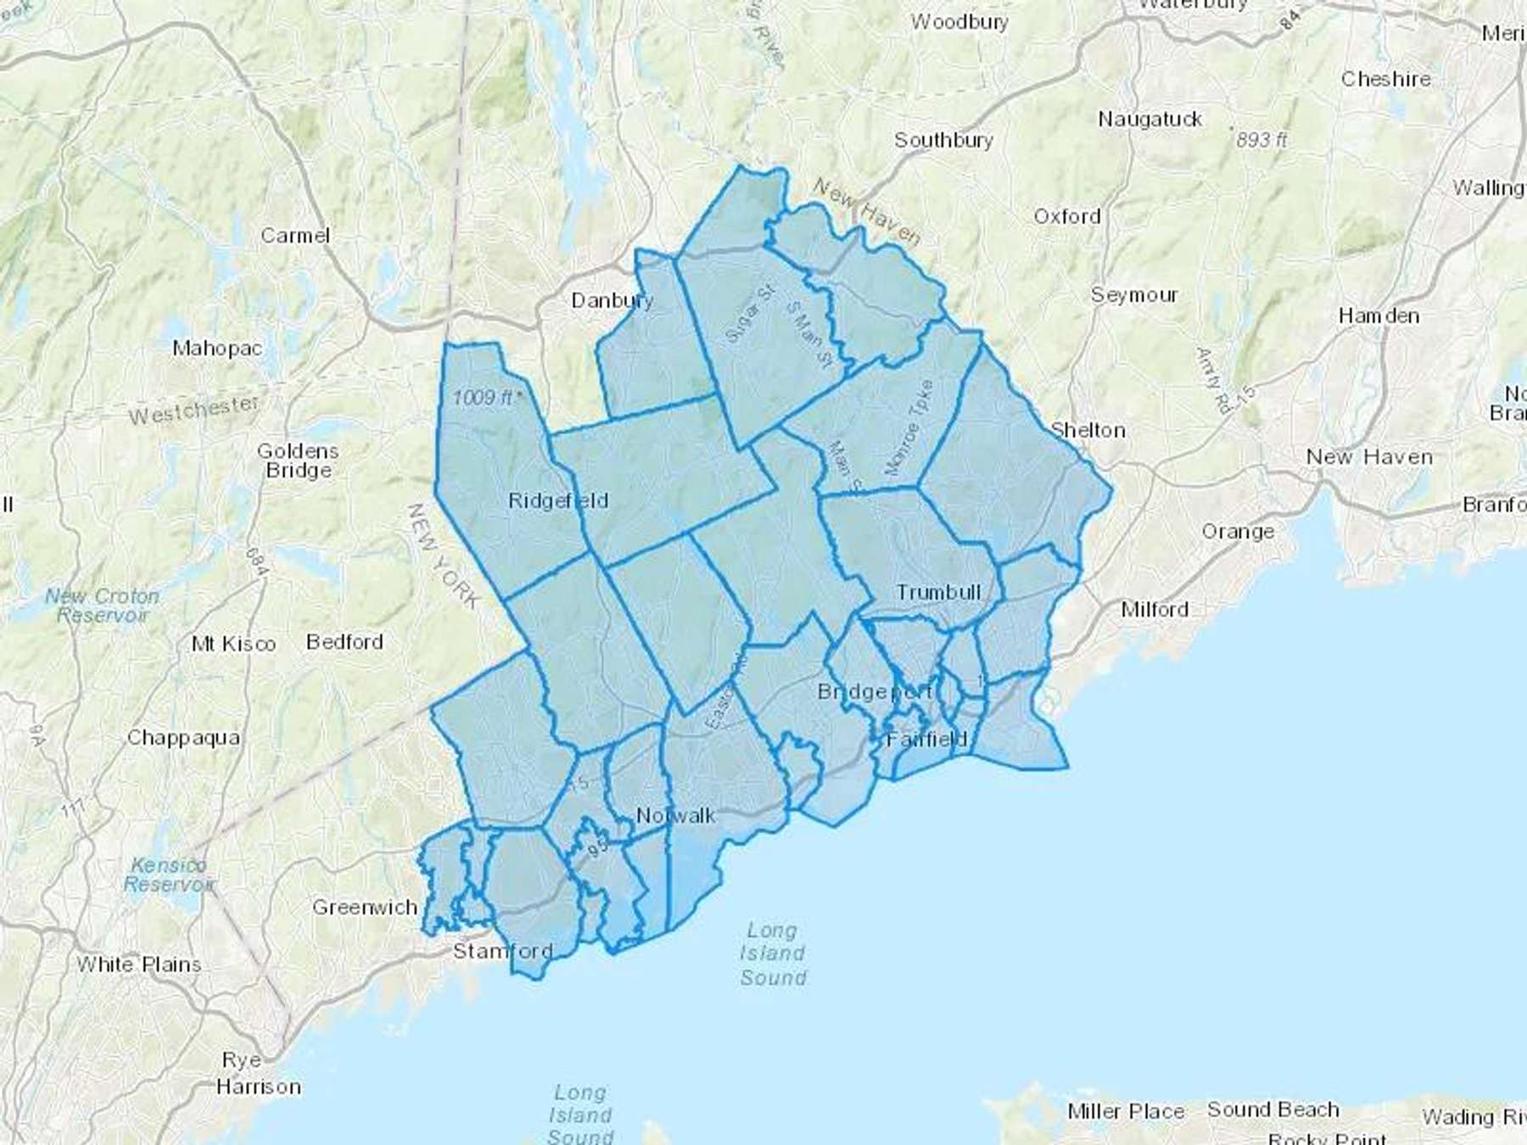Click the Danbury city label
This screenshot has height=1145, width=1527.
click(612, 300)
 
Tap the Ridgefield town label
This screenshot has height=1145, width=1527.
click(558, 500)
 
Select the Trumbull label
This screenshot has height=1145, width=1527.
click(938, 592)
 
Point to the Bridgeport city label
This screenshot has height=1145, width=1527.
click(875, 692)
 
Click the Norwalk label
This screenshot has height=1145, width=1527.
click(675, 816)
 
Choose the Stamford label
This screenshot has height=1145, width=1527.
click(502, 951)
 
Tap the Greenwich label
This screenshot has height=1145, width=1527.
click(365, 908)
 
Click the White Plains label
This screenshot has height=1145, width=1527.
click(139, 964)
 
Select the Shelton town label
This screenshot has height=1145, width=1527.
click(1088, 430)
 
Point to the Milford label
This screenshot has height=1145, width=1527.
click(1154, 609)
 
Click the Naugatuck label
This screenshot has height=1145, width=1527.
click(1149, 120)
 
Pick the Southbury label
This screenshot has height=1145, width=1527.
click(943, 140)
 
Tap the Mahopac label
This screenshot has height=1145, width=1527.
click(217, 348)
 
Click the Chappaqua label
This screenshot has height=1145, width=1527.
click(183, 738)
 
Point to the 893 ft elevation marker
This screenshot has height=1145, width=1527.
click(1261, 140)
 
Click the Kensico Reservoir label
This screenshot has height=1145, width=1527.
click(169, 874)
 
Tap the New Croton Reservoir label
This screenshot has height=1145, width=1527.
click(102, 606)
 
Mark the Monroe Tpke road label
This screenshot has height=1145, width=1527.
click(908, 427)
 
